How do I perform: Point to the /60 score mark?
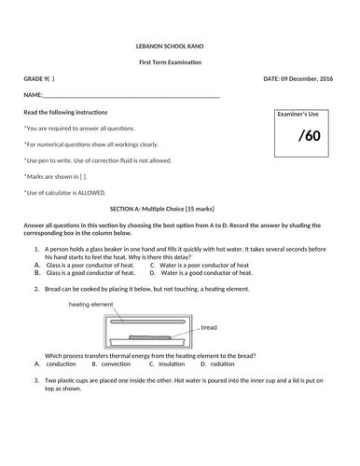point(308,136)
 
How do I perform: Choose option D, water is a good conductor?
point(202,274)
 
